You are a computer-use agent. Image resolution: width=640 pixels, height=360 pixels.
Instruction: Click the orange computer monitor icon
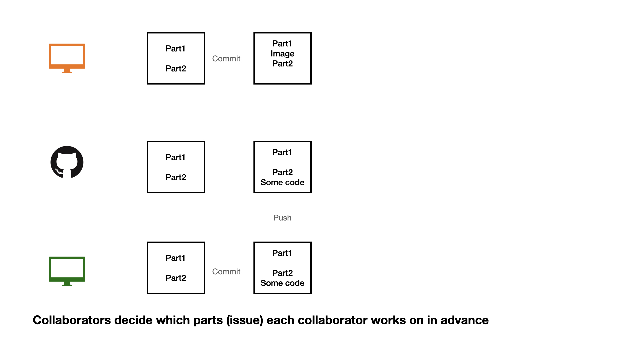point(67,56)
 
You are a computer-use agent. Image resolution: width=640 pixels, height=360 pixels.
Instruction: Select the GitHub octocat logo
point(67,162)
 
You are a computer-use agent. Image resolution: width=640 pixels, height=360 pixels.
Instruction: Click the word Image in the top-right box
point(282,54)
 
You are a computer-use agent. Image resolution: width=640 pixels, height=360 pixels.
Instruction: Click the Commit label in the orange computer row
point(226,59)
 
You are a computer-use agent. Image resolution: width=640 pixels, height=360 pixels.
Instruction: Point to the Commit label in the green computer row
point(226,272)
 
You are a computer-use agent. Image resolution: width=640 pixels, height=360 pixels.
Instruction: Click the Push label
point(282,218)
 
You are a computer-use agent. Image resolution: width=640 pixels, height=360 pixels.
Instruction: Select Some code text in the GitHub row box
point(282,182)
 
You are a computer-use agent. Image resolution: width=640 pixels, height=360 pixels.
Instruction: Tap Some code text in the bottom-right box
point(282,283)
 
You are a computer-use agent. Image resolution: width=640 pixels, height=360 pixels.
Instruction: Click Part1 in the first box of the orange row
point(175,49)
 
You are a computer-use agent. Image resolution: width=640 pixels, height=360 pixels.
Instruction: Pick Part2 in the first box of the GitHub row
point(176,177)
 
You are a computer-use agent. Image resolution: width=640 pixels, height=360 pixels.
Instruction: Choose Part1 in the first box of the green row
point(175,258)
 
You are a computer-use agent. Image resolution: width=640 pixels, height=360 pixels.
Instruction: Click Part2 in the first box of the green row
point(176,278)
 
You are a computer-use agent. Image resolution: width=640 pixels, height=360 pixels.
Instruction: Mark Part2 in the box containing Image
point(282,64)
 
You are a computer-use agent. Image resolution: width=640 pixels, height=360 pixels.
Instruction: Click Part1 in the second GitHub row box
point(282,152)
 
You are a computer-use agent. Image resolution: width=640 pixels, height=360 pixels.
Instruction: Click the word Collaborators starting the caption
point(72,320)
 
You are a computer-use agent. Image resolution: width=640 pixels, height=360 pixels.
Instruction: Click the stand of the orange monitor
point(67,71)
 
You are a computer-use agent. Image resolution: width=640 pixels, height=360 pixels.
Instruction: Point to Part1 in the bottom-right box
point(282,253)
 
